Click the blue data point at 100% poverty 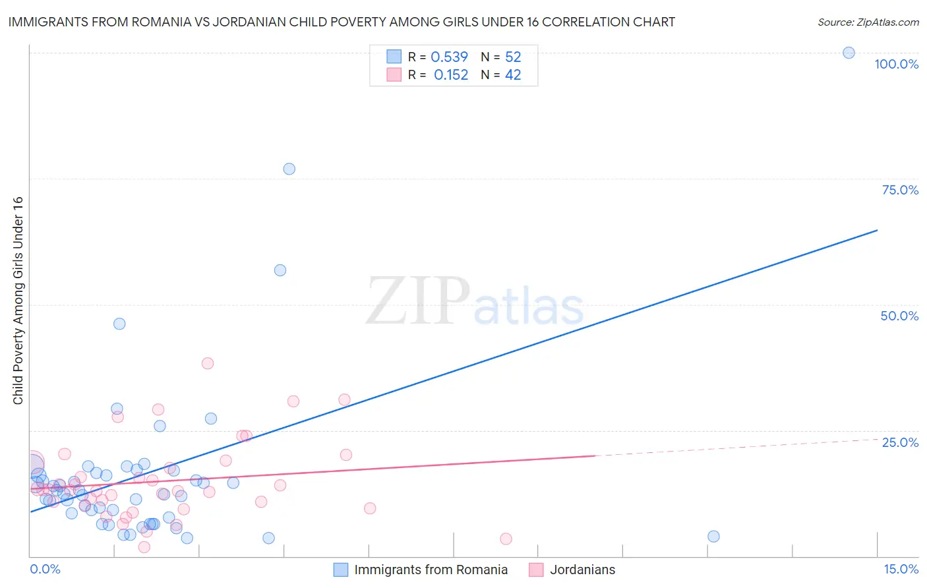click(849, 53)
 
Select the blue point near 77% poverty click(289, 169)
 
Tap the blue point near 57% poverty click(280, 270)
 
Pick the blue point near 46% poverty click(119, 324)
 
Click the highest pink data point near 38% click(208, 363)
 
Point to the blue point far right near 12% click(713, 537)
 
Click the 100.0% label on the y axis click(896, 64)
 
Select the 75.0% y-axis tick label click(900, 190)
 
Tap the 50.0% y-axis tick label click(899, 316)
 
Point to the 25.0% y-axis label click(900, 442)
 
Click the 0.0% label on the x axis click(45, 569)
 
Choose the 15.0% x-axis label click(901, 569)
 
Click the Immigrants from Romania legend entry click(431, 570)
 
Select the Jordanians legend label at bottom click(582, 570)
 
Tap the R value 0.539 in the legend click(449, 57)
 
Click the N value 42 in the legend click(513, 75)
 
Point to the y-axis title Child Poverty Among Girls click(18, 300)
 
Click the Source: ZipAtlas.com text click(868, 22)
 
